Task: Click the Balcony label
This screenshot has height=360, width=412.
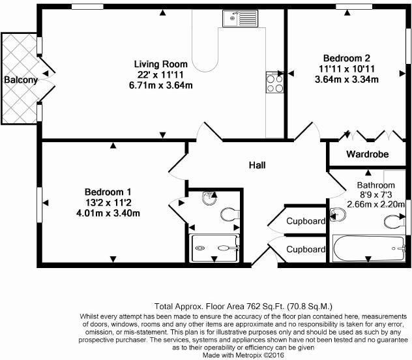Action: (21, 80)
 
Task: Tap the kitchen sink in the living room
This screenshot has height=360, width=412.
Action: (240, 18)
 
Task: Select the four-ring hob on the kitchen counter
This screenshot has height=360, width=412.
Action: (274, 82)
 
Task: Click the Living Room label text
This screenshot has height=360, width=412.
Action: (161, 64)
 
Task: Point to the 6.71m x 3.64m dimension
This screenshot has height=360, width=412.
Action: (161, 85)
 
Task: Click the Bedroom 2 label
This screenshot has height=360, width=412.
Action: (347, 58)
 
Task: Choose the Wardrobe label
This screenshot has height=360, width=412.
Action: (367, 154)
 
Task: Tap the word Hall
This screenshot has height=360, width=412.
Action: (257, 165)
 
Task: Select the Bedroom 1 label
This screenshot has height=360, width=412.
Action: (108, 192)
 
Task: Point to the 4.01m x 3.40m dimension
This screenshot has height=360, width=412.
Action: (108, 213)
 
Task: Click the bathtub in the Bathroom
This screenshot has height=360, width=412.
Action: (368, 248)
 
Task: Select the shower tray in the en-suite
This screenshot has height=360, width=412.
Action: (214, 248)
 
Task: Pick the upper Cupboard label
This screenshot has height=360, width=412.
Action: (306, 221)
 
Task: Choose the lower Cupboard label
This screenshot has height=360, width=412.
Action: (306, 249)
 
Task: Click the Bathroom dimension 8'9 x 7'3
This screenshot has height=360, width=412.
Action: (375, 195)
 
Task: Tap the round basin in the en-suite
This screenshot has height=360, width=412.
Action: (209, 198)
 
